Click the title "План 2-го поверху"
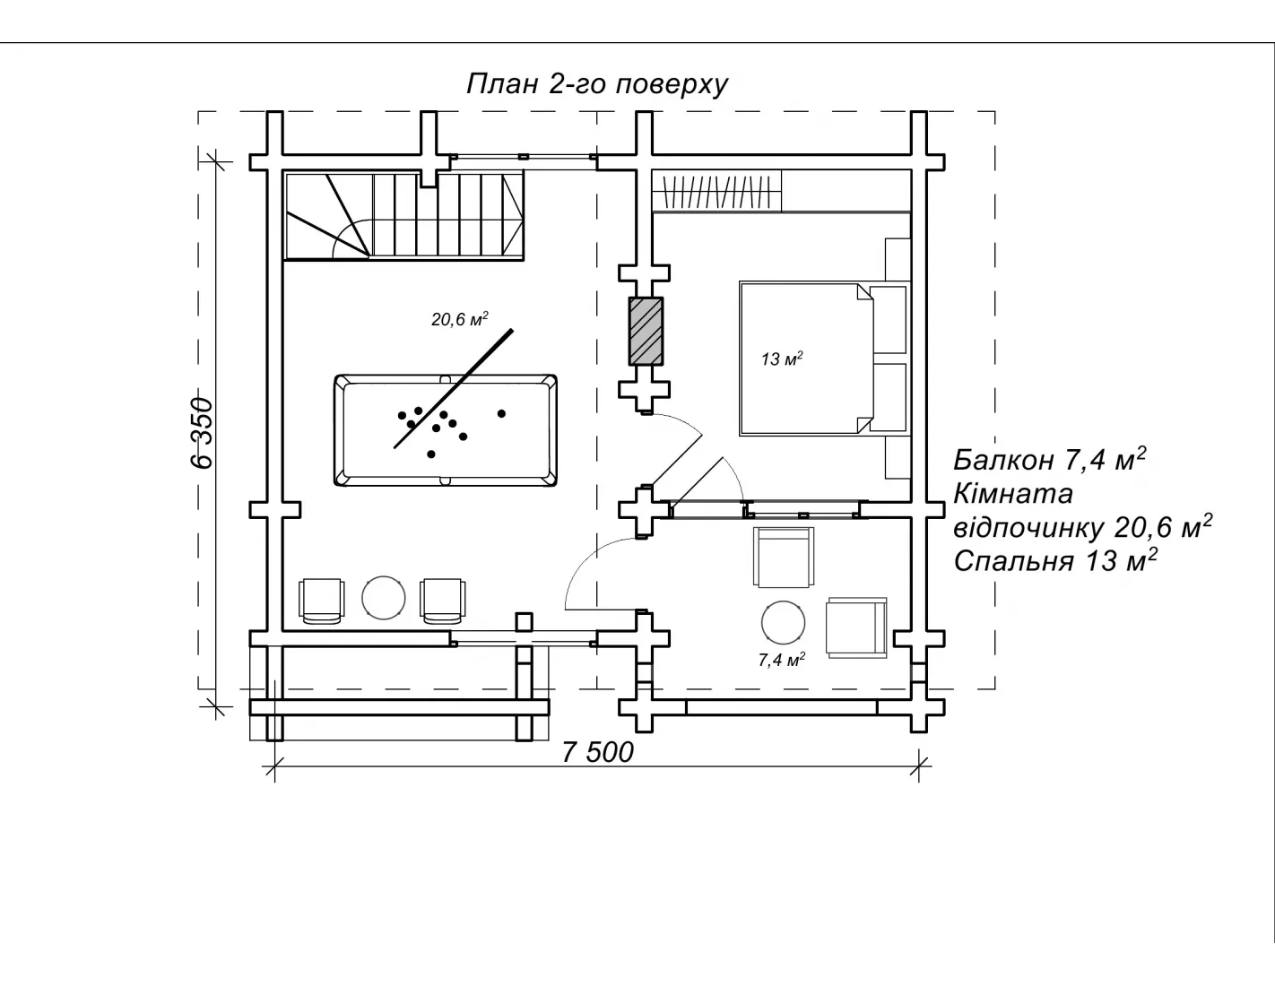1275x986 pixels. (596, 83)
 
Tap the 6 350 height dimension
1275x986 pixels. (203, 431)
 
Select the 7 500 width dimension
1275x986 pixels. (597, 752)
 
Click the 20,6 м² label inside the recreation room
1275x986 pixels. (459, 319)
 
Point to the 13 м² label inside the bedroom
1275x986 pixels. (781, 359)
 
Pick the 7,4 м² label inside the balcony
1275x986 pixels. (781, 661)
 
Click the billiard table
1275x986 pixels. (445, 430)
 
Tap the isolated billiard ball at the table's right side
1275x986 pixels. (501, 413)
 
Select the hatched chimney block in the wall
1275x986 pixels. (646, 330)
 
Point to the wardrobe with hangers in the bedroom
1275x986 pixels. (717, 191)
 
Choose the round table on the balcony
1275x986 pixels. (782, 620)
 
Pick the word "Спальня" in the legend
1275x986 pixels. (1013, 561)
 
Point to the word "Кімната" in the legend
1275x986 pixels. (1013, 493)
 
